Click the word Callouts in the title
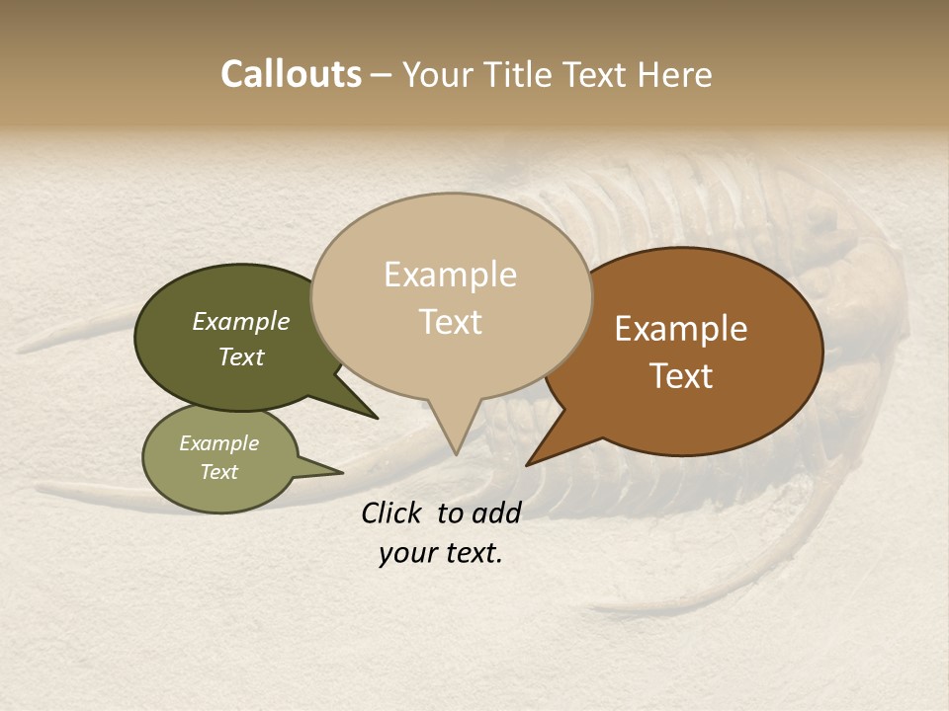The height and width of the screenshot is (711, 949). pyautogui.click(x=291, y=74)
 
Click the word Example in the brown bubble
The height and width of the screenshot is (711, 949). pyautogui.click(x=681, y=329)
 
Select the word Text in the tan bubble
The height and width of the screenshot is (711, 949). pyautogui.click(x=451, y=322)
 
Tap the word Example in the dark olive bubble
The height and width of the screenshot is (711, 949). pyautogui.click(x=241, y=321)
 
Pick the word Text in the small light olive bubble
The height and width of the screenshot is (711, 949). pyautogui.click(x=219, y=472)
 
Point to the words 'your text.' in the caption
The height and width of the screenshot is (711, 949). pyautogui.click(x=441, y=553)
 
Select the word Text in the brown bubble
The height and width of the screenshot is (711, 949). pyautogui.click(x=682, y=376)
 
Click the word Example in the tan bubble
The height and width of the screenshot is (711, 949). pyautogui.click(x=451, y=275)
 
